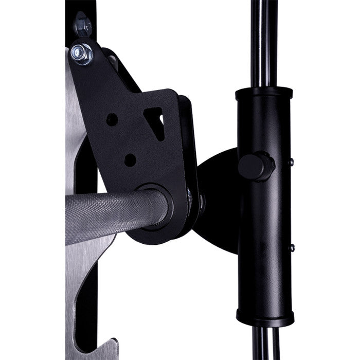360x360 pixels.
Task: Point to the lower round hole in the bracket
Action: [x=130, y=160]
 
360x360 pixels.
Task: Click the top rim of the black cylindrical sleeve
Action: [x=264, y=93]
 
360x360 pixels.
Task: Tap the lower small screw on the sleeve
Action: [x=292, y=248]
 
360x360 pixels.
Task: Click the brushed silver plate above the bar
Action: [x=77, y=129]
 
